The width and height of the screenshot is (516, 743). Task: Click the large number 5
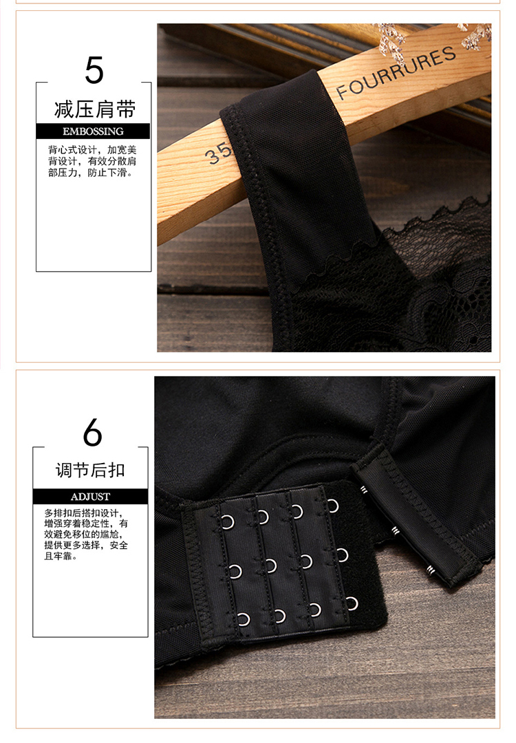click(94, 70)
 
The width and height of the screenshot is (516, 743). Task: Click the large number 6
click(92, 432)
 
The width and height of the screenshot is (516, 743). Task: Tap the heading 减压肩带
click(95, 109)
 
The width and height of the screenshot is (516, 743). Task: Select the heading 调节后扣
click(90, 471)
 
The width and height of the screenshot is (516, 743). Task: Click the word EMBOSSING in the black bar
click(93, 131)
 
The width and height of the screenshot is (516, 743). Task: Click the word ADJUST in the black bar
click(90, 497)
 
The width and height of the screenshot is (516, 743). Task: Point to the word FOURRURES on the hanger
click(396, 72)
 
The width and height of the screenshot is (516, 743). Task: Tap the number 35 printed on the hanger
click(218, 153)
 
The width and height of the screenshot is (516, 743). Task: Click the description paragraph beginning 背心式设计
click(92, 161)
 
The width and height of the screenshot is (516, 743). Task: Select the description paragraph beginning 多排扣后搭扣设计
click(86, 535)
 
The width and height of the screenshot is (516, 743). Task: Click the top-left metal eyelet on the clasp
click(228, 522)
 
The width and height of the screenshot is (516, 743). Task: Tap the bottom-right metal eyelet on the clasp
click(352, 604)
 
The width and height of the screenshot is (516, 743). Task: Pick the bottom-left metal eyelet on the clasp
click(244, 619)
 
